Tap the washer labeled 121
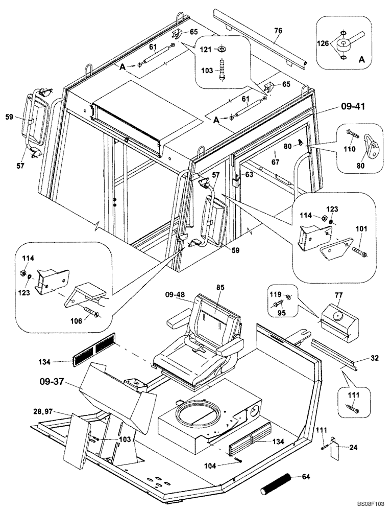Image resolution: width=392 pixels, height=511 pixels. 222,50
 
